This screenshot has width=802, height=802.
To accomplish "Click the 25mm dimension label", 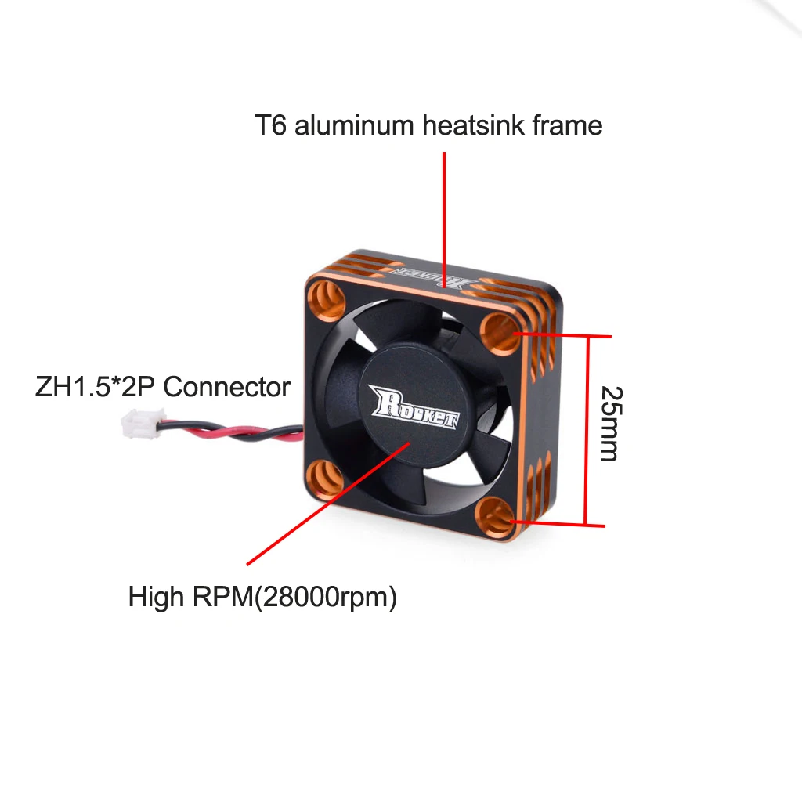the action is click(x=609, y=423).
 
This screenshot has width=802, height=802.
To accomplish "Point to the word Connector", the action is click(x=227, y=387).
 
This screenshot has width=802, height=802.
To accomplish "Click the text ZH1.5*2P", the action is click(x=95, y=387).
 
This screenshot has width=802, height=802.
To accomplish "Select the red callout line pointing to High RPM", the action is click(x=329, y=501).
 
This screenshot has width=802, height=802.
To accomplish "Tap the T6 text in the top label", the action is click(x=270, y=125).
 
